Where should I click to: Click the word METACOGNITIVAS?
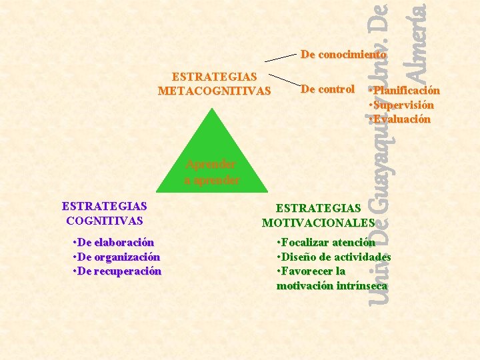pos(214,91)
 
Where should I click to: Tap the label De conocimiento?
pos(343,54)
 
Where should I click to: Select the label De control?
pos(327,89)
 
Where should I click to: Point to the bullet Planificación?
pos(405,91)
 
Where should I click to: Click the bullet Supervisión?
pos(402,105)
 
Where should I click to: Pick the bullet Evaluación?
pos(401,119)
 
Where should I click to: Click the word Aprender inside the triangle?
pos(211,164)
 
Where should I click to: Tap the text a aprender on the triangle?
pos(212,180)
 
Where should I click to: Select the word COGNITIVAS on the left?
pos(105,220)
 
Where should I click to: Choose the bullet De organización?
pos(115,257)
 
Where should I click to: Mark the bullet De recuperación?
pos(116,271)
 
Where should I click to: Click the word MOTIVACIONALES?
pos(319,223)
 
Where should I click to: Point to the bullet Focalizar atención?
pos(326,243)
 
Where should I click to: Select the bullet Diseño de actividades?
pos(333,257)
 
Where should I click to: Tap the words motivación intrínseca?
pos(332,285)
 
